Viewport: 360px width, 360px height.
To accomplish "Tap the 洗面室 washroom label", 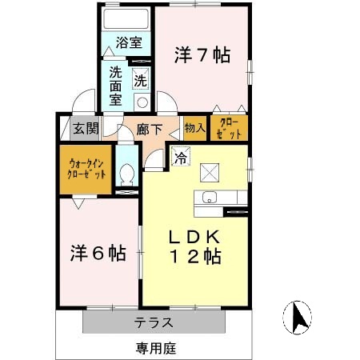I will pyautogui.click(x=116, y=83).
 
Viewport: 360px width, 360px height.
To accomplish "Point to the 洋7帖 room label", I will pyautogui.click(x=202, y=55).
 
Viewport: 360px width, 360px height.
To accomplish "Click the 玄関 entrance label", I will pyautogui.click(x=85, y=128).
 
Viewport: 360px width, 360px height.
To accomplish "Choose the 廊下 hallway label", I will pyautogui.click(x=148, y=128).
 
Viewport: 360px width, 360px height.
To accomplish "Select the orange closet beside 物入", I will pyautogui.click(x=228, y=128).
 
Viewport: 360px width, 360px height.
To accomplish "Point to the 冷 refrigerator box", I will pyautogui.click(x=181, y=158).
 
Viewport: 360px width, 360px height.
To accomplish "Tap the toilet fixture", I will pyautogui.click(x=126, y=174).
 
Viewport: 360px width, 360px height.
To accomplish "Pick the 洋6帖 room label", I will pyautogui.click(x=96, y=254).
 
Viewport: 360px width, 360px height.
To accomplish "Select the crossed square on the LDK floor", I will pyautogui.click(x=210, y=171).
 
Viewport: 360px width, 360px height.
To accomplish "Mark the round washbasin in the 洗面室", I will pyautogui.click(x=142, y=102).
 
